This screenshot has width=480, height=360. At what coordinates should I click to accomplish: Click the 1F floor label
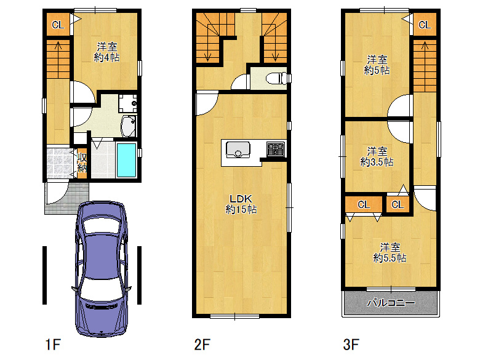(53, 345)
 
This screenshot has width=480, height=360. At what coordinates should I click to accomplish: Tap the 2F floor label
(202, 345)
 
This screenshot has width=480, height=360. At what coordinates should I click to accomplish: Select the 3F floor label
(351, 345)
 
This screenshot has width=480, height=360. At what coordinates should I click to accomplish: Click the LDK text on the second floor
(241, 199)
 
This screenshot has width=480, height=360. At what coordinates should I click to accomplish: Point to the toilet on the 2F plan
(276, 78)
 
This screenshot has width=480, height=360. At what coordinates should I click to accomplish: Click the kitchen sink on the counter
(238, 150)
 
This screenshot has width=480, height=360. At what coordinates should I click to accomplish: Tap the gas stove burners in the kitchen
(276, 149)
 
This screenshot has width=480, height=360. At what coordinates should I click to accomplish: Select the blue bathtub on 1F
(126, 160)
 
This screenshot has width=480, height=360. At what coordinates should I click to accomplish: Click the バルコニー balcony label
(391, 303)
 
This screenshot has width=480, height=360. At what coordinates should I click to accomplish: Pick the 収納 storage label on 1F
(82, 162)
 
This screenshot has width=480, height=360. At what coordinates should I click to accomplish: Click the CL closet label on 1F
(58, 25)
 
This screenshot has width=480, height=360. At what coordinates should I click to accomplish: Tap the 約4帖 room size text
(107, 58)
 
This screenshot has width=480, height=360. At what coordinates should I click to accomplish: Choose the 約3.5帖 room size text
(377, 161)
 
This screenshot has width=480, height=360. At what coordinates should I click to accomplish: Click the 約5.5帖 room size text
(390, 257)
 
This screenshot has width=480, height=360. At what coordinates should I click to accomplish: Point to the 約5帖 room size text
(377, 70)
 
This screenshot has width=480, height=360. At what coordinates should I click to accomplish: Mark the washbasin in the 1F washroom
(129, 126)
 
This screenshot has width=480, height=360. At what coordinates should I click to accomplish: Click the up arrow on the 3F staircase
(425, 46)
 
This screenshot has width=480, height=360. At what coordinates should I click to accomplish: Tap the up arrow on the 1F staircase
(58, 46)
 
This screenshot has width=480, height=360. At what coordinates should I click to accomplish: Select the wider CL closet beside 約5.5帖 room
(364, 204)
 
